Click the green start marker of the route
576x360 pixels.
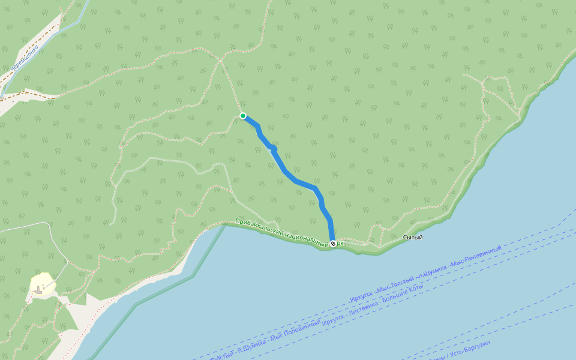[x=243, y=116]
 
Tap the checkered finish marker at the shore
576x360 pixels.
[x=333, y=244]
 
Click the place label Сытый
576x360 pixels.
[x=413, y=238]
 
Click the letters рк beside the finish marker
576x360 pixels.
[x=340, y=243]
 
